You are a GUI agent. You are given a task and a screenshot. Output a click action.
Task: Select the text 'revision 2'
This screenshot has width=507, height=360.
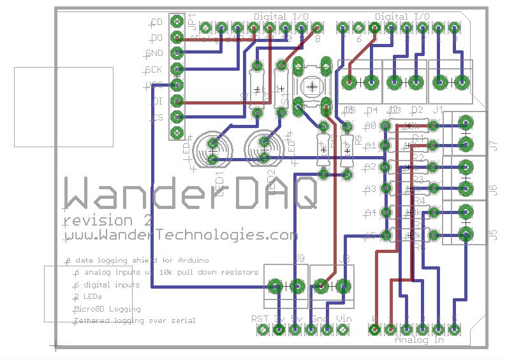[107, 220]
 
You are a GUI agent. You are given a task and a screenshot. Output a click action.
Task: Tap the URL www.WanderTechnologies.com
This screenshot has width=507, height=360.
[180, 234]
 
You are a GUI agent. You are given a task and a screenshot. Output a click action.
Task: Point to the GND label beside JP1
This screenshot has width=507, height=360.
[154, 54]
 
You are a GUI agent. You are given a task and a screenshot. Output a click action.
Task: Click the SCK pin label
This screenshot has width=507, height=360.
[154, 69]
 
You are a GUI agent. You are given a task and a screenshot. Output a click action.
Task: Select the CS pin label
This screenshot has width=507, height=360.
[157, 117]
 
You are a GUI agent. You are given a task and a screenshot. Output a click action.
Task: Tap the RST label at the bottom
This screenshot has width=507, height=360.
[260, 319]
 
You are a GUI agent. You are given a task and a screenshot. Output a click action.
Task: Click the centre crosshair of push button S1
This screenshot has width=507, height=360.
[312, 85]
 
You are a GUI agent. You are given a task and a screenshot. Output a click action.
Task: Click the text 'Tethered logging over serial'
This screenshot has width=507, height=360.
[135, 320]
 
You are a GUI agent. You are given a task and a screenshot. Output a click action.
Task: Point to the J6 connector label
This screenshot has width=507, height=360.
[492, 189]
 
